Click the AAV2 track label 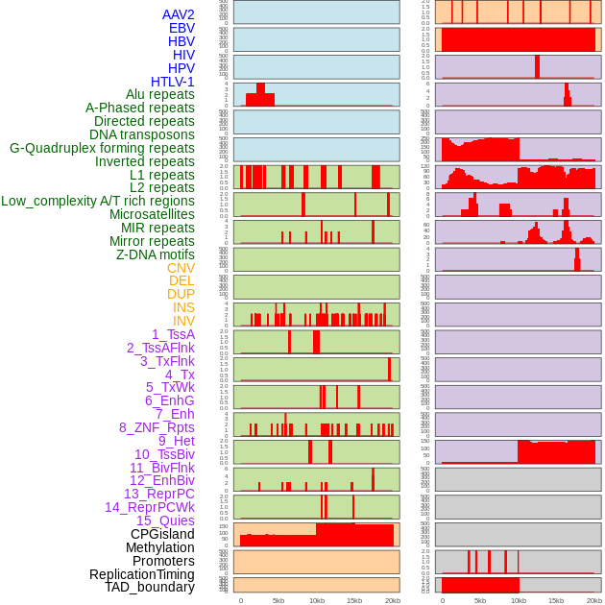pyautogui.click(x=179, y=14)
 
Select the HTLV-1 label pyautogui.click(x=173, y=82)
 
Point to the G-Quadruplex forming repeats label pyautogui.click(x=102, y=148)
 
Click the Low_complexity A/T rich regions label pyautogui.click(x=98, y=201)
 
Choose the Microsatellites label pyautogui.click(x=152, y=214)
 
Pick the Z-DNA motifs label pyautogui.click(x=156, y=254)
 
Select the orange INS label pyautogui.click(x=183, y=307)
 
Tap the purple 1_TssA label pyautogui.click(x=173, y=334)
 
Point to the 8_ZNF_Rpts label pyautogui.click(x=157, y=427)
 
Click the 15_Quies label pyautogui.click(x=165, y=520)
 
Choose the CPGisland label pyautogui.click(x=162, y=534)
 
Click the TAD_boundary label pyautogui.click(x=150, y=587)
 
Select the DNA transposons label pyautogui.click(x=142, y=134)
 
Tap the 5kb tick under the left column pyautogui.click(x=278, y=600)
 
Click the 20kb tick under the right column pyautogui.click(x=594, y=600)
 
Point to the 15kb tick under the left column pyautogui.click(x=354, y=600)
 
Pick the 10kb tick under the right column pyautogui.click(x=519, y=600)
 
